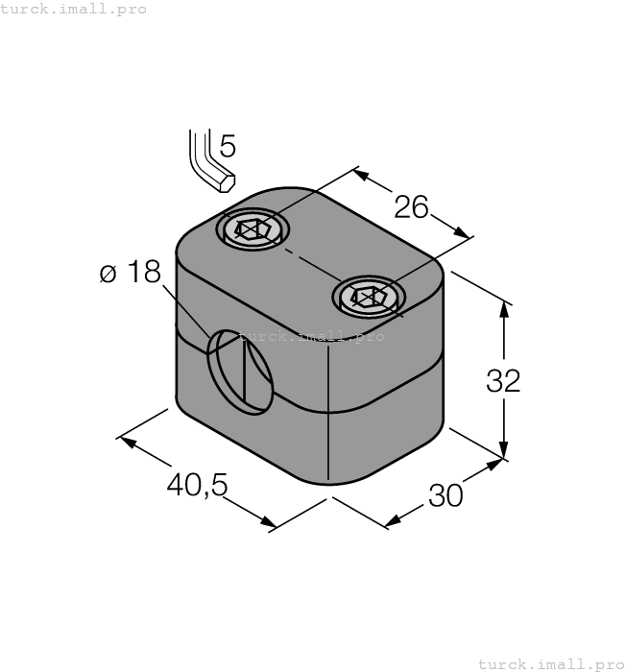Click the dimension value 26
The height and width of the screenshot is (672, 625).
click(x=410, y=206)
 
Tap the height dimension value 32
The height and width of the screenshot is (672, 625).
click(x=503, y=380)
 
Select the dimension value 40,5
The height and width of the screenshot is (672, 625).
click(x=197, y=485)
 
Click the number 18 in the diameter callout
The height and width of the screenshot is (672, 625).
click(x=143, y=273)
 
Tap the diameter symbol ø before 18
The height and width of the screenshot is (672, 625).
click(x=108, y=275)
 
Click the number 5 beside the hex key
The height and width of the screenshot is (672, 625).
click(x=227, y=146)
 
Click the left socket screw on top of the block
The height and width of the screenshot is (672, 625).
click(x=252, y=229)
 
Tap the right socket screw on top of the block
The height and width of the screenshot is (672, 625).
click(x=369, y=298)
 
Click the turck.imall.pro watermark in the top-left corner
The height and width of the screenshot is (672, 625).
click(x=74, y=9)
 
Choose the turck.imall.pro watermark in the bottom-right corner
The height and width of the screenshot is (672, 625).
click(x=550, y=663)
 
